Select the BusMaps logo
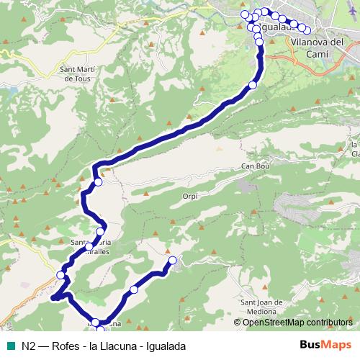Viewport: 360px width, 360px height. (x=326, y=346)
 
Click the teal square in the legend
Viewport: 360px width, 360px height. (x=12, y=346)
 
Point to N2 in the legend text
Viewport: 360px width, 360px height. (x=29, y=346)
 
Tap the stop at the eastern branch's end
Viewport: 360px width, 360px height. (x=172, y=260)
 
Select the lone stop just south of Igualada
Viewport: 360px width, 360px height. (x=252, y=86)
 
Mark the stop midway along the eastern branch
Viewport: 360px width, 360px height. (x=134, y=289)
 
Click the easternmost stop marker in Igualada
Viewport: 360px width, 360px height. (x=307, y=30)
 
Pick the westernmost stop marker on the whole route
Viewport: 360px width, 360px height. (x=60, y=275)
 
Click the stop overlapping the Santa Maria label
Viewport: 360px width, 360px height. (x=100, y=231)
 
